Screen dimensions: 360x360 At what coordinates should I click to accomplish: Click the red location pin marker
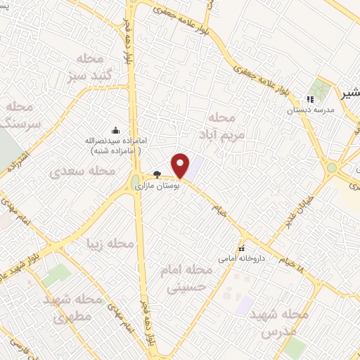181,165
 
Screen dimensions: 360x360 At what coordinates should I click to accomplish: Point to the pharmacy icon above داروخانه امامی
243,247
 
